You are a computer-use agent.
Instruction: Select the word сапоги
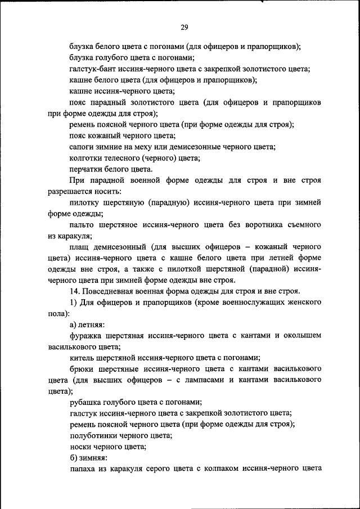(x=82, y=147)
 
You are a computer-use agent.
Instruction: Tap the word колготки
(x=86, y=158)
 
